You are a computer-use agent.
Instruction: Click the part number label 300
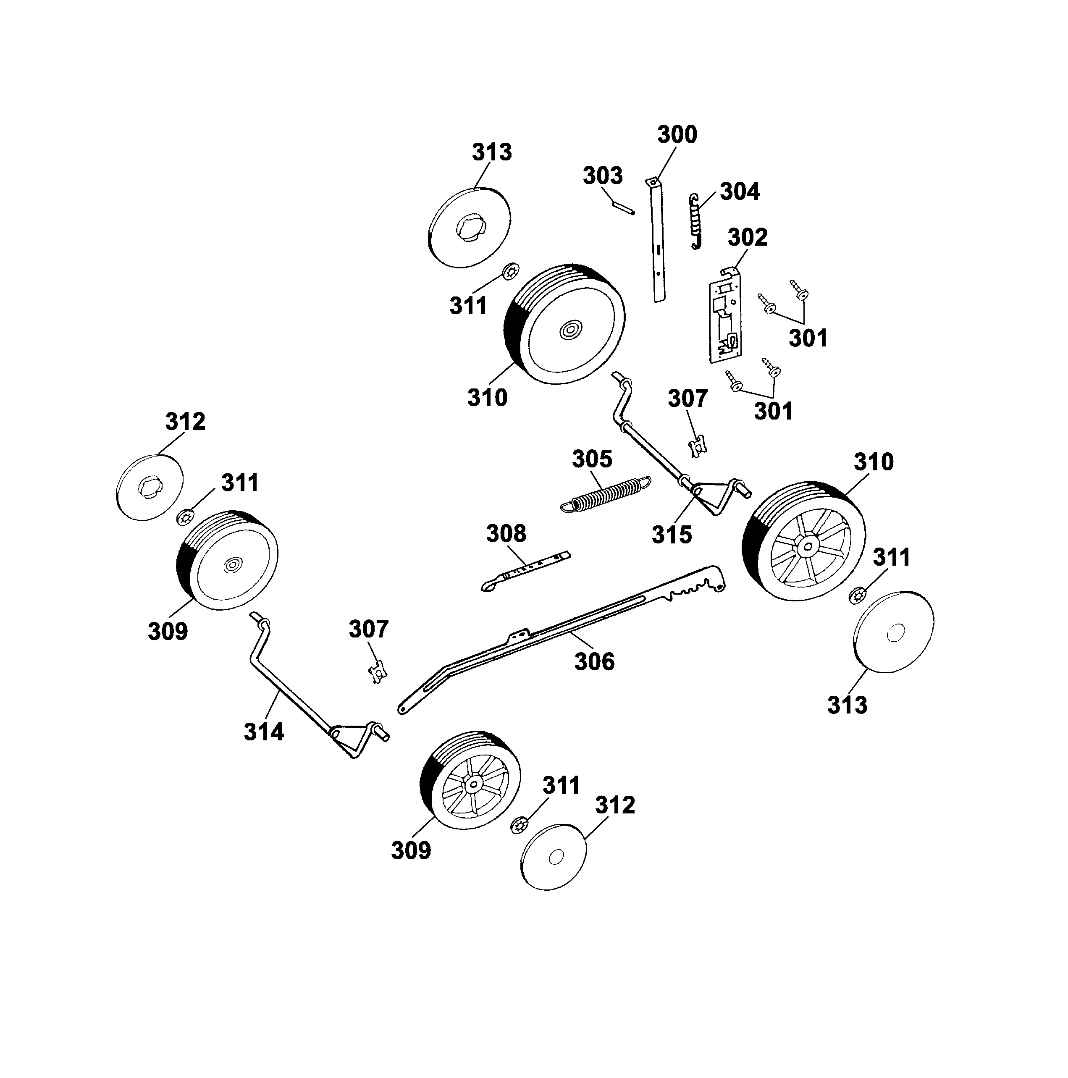(677, 134)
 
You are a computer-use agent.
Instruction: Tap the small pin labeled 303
(623, 207)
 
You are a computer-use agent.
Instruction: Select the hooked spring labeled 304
(695, 221)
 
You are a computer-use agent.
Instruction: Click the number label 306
(594, 662)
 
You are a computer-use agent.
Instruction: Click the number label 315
(672, 535)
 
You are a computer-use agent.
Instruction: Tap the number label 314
(264, 732)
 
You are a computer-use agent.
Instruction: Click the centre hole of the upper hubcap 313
(470, 229)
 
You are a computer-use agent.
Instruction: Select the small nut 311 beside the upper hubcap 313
(511, 272)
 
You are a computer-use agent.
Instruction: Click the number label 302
(747, 237)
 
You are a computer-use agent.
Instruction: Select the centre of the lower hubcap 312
(555, 858)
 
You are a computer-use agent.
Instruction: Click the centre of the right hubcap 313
(895, 633)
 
